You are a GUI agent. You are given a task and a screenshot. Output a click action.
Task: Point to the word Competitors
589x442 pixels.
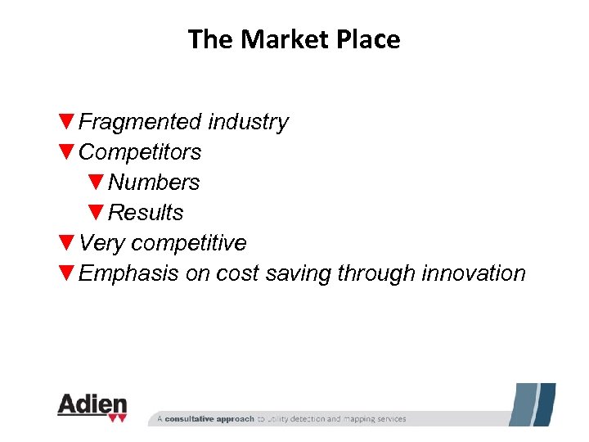[140, 152]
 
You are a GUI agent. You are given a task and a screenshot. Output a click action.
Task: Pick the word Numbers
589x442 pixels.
[154, 183]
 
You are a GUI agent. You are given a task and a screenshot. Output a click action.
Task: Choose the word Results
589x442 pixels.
[146, 213]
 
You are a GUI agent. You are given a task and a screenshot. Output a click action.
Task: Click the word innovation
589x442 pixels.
[474, 273]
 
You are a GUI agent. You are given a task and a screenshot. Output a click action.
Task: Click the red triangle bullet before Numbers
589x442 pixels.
[97, 183]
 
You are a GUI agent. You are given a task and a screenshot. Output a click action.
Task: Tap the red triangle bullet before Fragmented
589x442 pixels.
[67, 122]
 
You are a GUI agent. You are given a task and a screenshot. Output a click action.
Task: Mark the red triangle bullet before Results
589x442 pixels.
[97, 213]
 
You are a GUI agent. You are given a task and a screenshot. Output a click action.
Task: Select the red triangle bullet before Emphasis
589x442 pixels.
[67, 273]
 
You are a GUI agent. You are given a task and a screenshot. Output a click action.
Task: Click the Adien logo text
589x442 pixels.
[92, 405]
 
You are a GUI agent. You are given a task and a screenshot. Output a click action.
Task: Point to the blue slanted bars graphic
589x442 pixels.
[533, 404]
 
